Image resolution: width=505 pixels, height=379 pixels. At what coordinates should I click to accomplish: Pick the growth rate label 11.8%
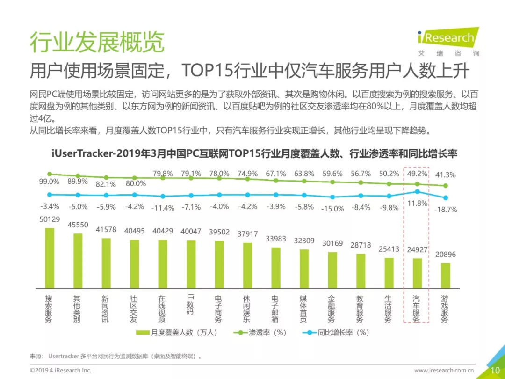[418, 203]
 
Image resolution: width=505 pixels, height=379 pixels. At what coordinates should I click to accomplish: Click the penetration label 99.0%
[49, 182]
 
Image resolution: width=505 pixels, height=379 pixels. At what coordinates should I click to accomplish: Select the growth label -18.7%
[445, 209]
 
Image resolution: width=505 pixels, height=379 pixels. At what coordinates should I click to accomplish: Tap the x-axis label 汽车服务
[416, 309]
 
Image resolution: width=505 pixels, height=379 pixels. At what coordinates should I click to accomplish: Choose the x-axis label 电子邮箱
[275, 309]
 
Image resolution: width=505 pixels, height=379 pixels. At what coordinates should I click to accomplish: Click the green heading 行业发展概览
[97, 43]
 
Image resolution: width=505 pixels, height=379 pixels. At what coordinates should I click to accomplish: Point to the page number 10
[495, 370]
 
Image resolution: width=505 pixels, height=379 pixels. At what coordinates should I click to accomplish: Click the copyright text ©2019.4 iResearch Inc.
[61, 370]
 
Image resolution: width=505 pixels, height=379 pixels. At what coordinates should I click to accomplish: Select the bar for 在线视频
[163, 263]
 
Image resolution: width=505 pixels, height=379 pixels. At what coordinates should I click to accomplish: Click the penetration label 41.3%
[445, 175]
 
